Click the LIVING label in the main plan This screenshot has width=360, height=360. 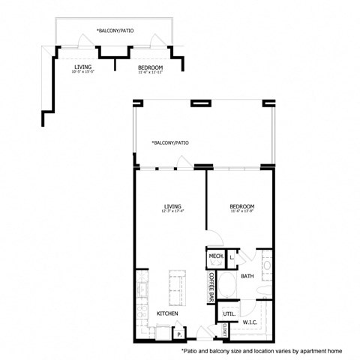(174, 206)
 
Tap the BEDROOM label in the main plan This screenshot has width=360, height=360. (243, 206)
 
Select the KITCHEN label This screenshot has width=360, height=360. (166, 313)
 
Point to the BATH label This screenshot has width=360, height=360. (248, 277)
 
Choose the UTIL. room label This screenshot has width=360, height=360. (230, 312)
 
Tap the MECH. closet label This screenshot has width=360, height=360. (217, 257)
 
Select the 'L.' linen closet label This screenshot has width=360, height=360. (232, 257)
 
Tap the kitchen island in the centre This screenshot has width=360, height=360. (177, 283)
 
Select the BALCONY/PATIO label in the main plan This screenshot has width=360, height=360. (169, 142)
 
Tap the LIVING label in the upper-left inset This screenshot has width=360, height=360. (82, 68)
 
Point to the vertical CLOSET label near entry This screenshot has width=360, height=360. (225, 328)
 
